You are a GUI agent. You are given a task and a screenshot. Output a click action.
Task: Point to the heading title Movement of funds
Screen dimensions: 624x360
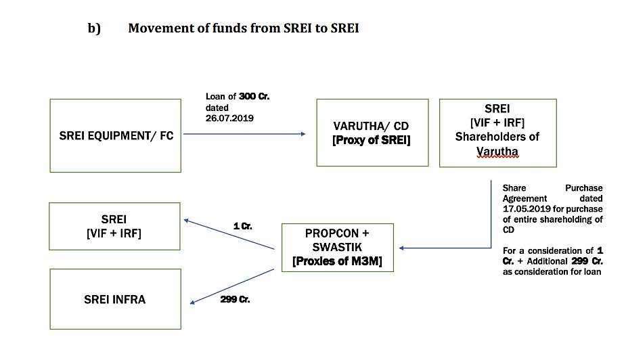tap(244, 28)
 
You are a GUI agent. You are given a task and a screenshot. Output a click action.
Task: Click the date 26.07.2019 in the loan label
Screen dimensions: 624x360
tap(229, 118)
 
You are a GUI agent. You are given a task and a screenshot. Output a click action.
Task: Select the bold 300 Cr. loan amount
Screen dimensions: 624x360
tap(254, 96)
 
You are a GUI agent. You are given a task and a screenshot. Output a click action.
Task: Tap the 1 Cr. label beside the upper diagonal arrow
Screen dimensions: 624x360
tap(243, 226)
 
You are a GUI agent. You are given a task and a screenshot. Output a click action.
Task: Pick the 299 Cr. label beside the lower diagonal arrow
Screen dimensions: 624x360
tap(236, 299)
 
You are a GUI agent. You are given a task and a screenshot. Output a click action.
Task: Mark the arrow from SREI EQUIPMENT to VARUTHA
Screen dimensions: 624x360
tap(244, 134)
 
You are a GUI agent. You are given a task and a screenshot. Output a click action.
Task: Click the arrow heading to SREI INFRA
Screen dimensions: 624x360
tap(232, 286)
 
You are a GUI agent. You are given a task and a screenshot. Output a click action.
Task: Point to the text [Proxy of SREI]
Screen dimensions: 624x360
tap(372, 140)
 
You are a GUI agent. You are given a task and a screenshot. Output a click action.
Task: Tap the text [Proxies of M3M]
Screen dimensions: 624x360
tap(337, 261)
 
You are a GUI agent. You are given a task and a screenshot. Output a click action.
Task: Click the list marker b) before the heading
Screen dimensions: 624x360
tap(94, 28)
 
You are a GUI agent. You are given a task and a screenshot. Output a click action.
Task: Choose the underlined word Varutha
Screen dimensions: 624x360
tap(497, 152)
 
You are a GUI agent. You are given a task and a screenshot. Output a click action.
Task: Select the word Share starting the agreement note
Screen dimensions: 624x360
tap(514, 187)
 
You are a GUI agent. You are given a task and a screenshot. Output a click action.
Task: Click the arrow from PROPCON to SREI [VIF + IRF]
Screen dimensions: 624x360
tap(229, 234)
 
